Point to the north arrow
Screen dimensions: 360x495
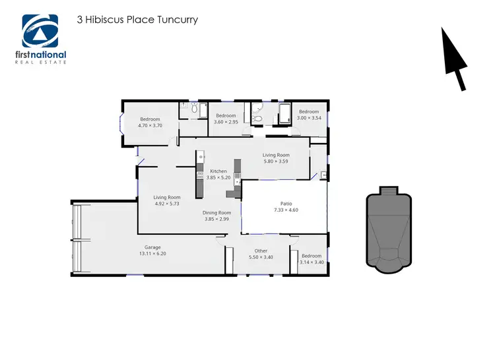click(x=455, y=59)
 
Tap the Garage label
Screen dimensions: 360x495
click(x=153, y=247)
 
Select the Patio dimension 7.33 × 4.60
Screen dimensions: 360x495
click(x=285, y=210)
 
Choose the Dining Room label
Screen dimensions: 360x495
click(x=216, y=213)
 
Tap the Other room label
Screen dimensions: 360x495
click(x=261, y=251)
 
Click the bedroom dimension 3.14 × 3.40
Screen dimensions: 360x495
click(x=311, y=262)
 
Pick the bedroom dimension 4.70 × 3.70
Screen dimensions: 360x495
click(x=150, y=125)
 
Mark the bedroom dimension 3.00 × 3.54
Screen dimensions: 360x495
click(x=308, y=118)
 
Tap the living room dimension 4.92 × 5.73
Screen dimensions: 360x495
click(x=167, y=203)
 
